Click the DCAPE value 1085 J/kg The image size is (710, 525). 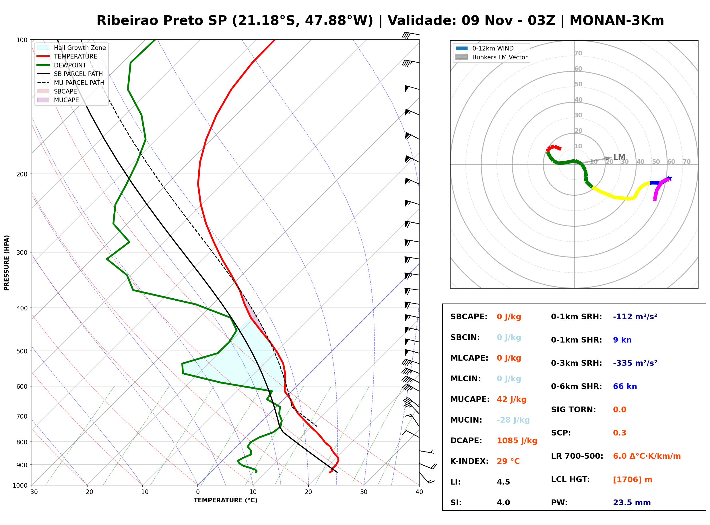pos(517,440)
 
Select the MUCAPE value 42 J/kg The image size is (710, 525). pos(511,399)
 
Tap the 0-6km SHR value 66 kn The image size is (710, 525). pos(625,386)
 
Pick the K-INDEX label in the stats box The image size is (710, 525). pos(470,461)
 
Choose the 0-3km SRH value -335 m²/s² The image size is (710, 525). pos(635,363)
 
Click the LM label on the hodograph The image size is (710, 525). pos(619,157)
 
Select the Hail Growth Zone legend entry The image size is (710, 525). pos(71,48)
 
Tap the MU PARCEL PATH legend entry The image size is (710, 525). pos(71,83)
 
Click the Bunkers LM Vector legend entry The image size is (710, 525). pos(491,57)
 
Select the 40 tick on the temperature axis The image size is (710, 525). pos(419,492)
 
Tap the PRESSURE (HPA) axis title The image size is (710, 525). pos(7,262)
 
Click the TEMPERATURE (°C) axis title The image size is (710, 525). pos(225,500)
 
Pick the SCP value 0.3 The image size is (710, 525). pos(619,433)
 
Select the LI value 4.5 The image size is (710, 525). pos(503,482)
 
